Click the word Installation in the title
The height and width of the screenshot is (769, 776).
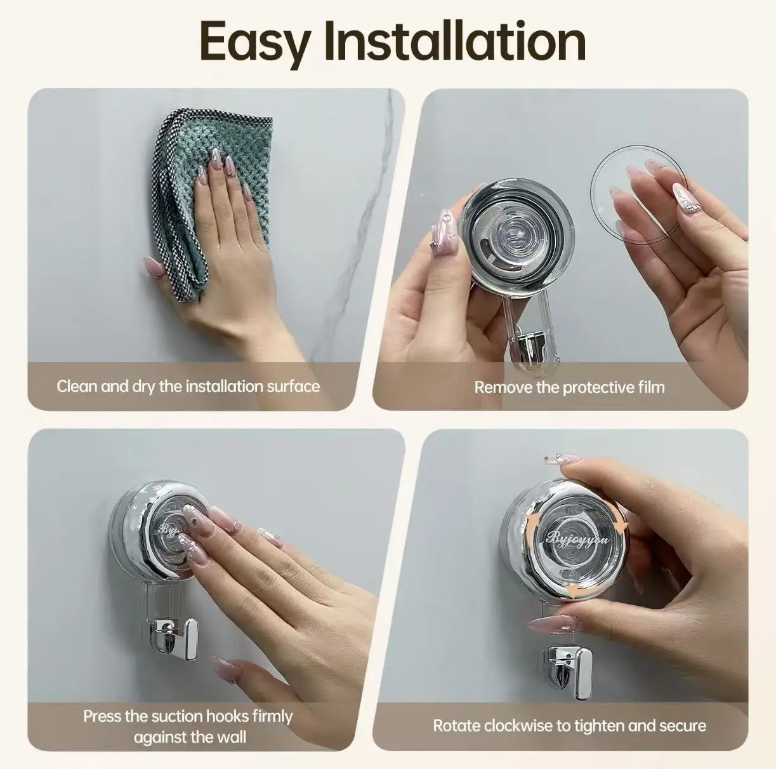tap(455, 41)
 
